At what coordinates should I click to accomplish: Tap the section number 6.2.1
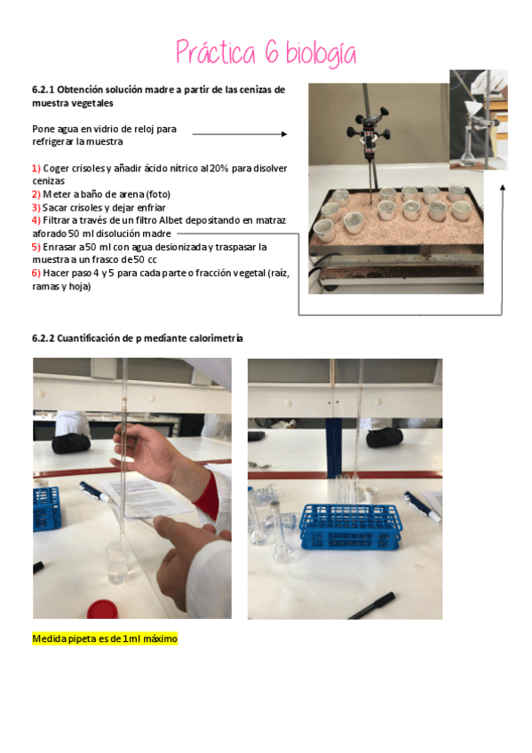coord(44,90)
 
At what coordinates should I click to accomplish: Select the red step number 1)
coord(36,169)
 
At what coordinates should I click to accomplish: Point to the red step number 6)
coord(36,273)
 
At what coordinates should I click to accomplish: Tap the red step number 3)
coord(36,207)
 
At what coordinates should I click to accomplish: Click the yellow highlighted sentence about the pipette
coord(105,638)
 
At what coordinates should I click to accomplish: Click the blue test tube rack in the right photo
coord(350,527)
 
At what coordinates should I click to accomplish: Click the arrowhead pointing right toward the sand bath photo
coord(283,134)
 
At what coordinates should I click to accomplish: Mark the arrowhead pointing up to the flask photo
coord(503,187)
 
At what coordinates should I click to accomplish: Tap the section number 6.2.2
coord(44,339)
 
